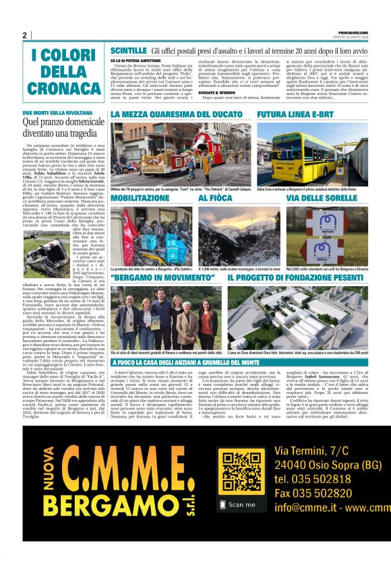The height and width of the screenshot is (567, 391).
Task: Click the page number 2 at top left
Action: click(x=24, y=34)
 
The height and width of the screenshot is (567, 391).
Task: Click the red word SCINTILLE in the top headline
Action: click(x=128, y=51)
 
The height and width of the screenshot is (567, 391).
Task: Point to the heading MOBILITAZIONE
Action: click(x=140, y=199)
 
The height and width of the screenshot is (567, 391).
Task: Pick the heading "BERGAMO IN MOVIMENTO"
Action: click(x=162, y=277)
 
